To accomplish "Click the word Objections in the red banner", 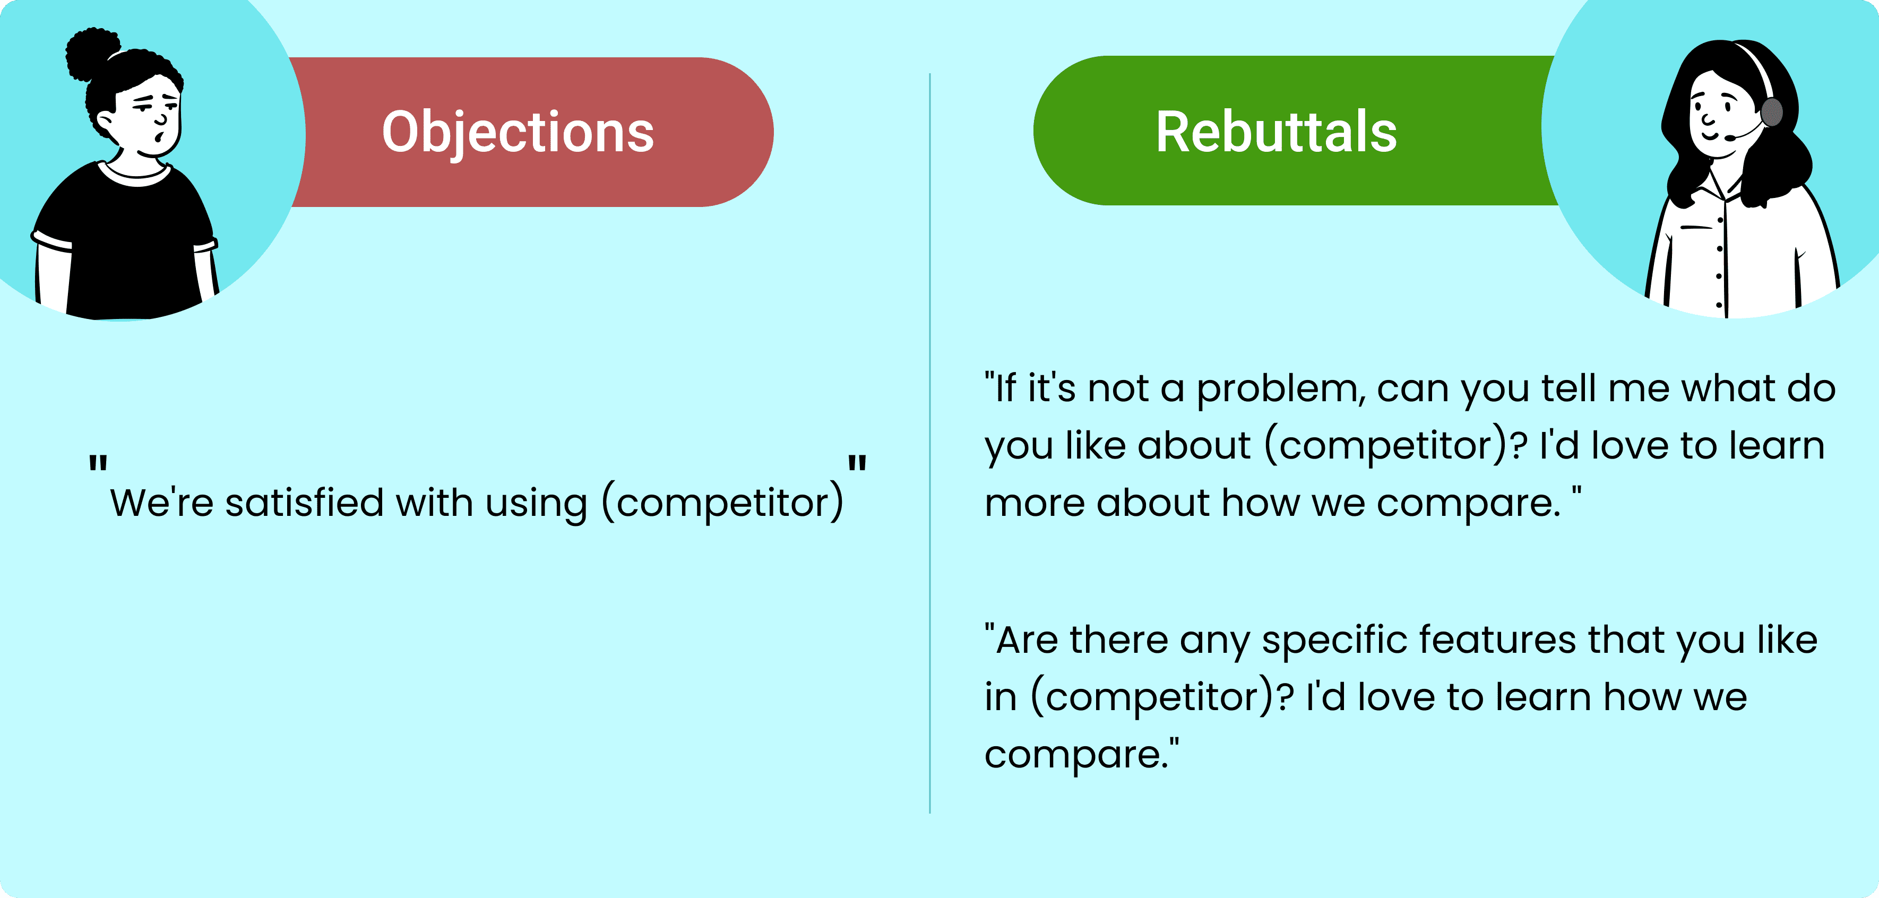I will (518, 133).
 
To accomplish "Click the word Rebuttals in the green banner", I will (1276, 133).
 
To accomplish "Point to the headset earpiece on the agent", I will (1771, 113).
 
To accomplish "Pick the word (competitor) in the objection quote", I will (722, 503).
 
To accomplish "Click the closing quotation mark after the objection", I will (857, 463).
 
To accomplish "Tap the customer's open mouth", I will (158, 138).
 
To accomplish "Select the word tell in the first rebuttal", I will (1569, 389).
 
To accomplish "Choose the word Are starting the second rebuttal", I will (1025, 641).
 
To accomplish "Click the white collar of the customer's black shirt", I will (135, 176).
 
